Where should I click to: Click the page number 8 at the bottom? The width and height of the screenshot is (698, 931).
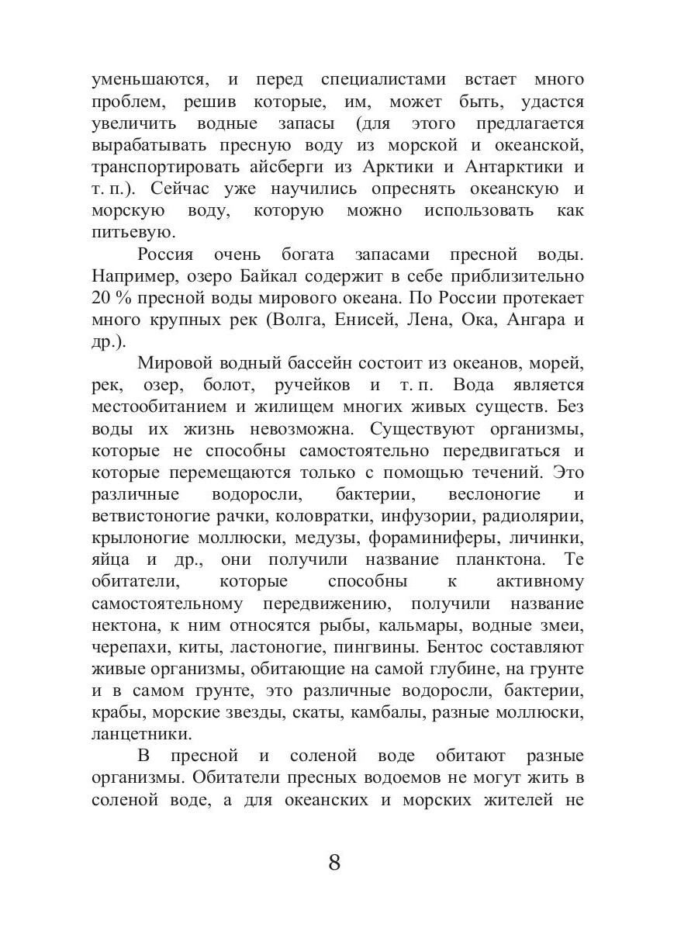point(334,862)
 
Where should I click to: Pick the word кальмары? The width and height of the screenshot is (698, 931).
point(413,625)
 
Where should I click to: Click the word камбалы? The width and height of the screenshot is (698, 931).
point(403,712)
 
